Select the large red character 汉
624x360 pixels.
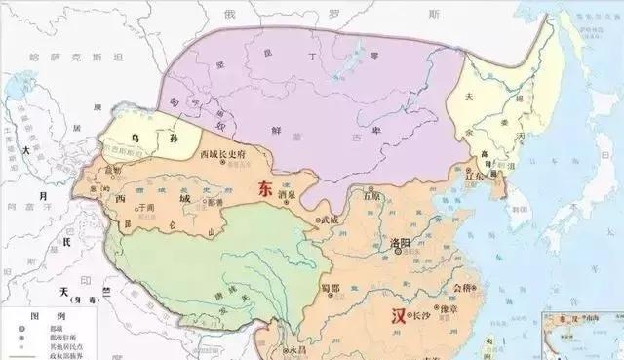(397, 316)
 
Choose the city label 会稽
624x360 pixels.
(465, 289)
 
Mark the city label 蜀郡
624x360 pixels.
(338, 286)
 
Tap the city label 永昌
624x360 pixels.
(295, 348)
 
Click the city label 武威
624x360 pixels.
(330, 220)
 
